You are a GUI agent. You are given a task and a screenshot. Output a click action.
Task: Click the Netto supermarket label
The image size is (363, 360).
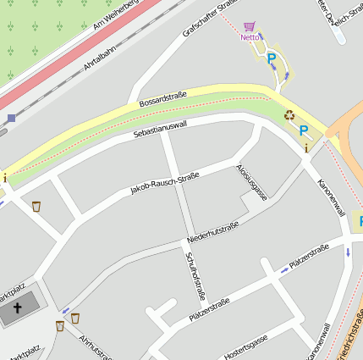click(x=250, y=37)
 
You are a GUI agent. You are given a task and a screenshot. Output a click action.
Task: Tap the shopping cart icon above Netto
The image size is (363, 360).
click(x=249, y=27)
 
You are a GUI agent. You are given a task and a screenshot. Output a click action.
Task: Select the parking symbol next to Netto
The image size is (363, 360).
click(x=272, y=59)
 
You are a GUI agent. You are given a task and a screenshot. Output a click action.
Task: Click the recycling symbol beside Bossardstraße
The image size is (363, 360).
click(x=289, y=114)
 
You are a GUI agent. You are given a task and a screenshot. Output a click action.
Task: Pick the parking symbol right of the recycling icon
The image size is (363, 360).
click(x=304, y=130)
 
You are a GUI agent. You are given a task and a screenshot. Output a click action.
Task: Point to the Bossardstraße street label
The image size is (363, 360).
click(x=162, y=99)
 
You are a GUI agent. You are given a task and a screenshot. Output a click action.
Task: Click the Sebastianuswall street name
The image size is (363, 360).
click(x=160, y=129)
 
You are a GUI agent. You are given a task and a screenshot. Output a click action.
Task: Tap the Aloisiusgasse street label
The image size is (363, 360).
click(x=252, y=181)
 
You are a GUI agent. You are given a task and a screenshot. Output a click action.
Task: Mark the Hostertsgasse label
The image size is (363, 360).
click(x=246, y=346)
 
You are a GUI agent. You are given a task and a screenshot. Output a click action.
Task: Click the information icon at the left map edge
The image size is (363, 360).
click(x=4, y=177)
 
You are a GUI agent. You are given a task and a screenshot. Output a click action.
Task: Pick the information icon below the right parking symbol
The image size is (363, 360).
click(x=305, y=148)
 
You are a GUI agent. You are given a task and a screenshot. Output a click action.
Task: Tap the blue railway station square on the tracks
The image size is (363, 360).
click(x=11, y=118)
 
